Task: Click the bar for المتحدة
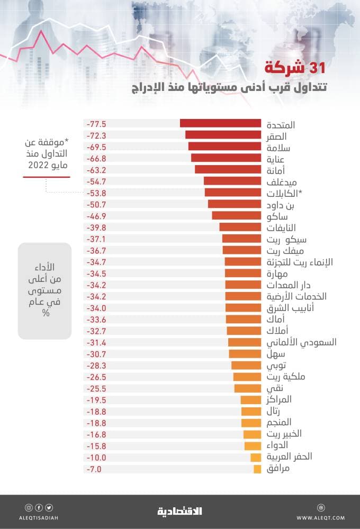point(220,123)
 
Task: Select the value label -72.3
point(96,135)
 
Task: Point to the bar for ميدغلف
point(232,181)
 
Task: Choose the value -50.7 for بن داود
point(96,204)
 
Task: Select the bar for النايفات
point(240,227)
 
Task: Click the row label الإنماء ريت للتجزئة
point(299,262)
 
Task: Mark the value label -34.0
point(96,308)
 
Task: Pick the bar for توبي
point(246,366)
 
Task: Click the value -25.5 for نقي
point(96,388)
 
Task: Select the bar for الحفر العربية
point(256,458)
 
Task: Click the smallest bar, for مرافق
point(257,469)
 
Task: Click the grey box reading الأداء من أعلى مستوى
point(44,290)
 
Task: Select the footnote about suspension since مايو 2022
point(46,154)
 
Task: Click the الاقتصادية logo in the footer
point(179,511)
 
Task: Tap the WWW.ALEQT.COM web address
point(320,517)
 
